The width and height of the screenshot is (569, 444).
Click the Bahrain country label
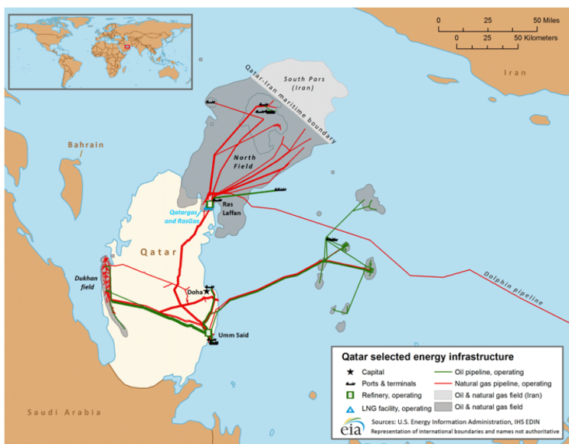click(85, 145)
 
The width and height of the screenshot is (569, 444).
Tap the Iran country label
click(515, 73)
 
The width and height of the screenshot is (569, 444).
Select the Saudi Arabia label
click(64, 413)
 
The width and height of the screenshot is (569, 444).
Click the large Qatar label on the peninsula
click(157, 250)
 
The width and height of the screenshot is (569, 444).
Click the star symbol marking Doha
click(206, 292)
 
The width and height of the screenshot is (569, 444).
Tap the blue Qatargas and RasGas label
click(184, 217)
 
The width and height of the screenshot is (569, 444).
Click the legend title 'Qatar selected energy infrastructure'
click(422, 357)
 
